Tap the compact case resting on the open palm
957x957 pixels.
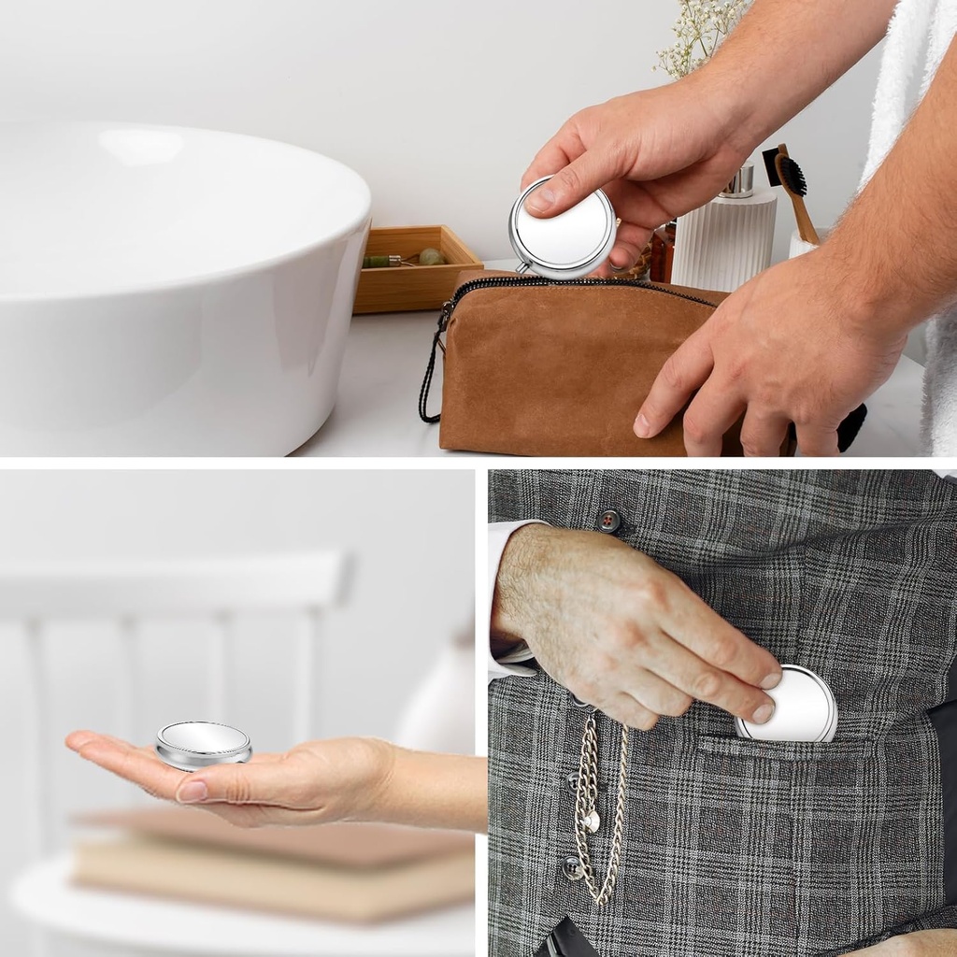[x=204, y=744]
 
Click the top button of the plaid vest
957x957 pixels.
[x=609, y=521]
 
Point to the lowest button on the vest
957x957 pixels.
[x=572, y=869]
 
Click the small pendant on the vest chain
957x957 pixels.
[x=591, y=821]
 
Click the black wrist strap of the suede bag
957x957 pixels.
[x=430, y=374]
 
